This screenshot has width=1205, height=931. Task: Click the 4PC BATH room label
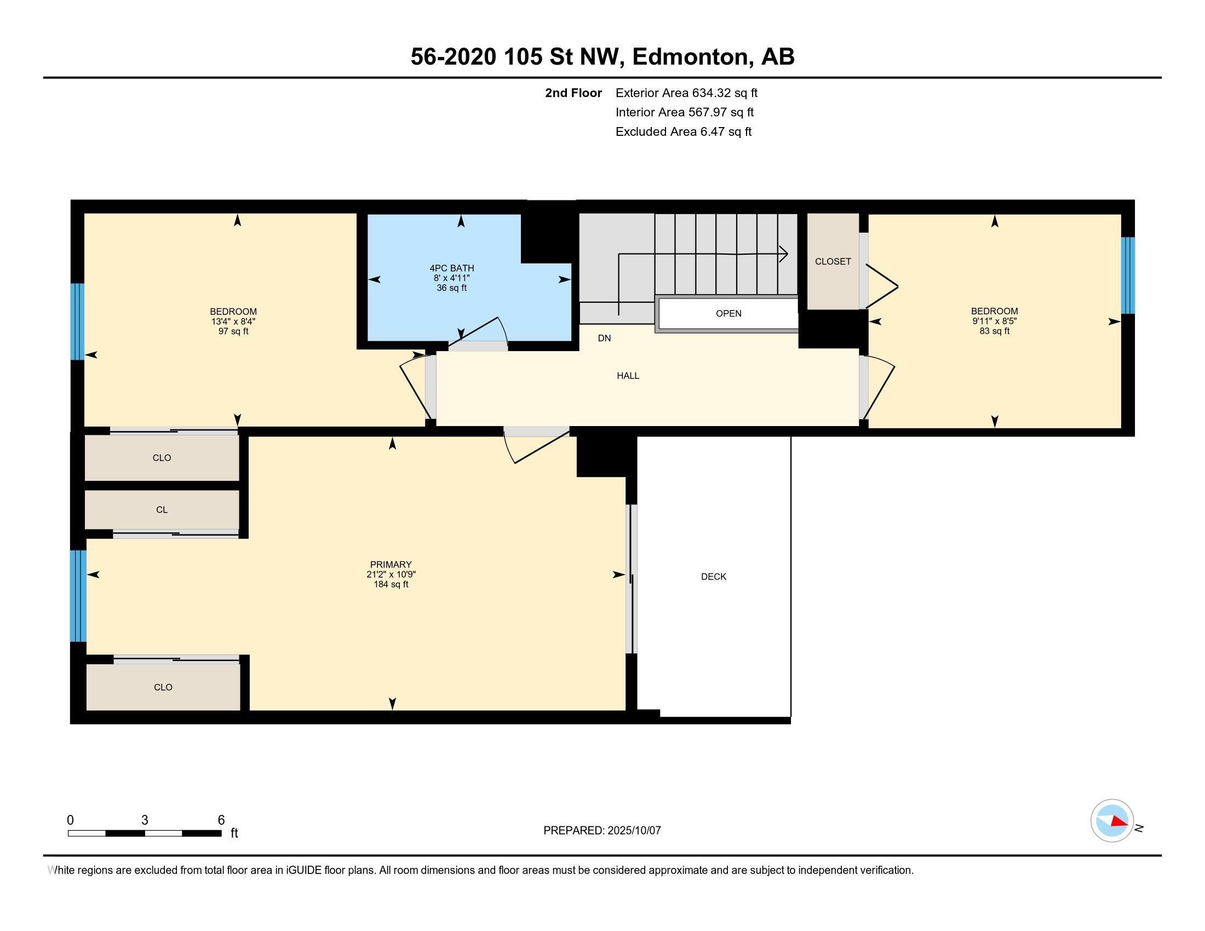coord(451,268)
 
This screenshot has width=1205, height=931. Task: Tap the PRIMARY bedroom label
coord(391,564)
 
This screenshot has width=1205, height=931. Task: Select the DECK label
coord(713,576)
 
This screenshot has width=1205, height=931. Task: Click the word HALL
coord(628,376)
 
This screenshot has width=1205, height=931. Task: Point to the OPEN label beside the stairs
coord(728,313)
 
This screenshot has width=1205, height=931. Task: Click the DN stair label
coord(604,338)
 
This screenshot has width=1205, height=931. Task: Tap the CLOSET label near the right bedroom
coord(833,261)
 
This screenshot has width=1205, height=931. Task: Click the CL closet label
coord(162,510)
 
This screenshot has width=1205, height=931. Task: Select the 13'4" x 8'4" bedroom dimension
coord(233,321)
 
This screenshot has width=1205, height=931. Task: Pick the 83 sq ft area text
coord(994,331)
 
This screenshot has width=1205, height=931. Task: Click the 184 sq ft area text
coord(391,584)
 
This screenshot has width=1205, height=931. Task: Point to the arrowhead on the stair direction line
coord(783,254)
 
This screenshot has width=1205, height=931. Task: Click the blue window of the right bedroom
coord(1127,275)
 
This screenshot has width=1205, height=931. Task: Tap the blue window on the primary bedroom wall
coord(78,596)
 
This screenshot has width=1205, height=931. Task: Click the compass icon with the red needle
coord(1112,821)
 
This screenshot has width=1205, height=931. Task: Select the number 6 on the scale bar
coord(221,820)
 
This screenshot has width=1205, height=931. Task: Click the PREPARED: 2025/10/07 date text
coord(602,830)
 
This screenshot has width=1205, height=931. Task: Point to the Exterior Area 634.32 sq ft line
coord(686,93)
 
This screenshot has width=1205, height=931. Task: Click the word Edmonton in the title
coord(692,57)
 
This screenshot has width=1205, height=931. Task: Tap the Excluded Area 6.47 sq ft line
coord(683,131)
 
